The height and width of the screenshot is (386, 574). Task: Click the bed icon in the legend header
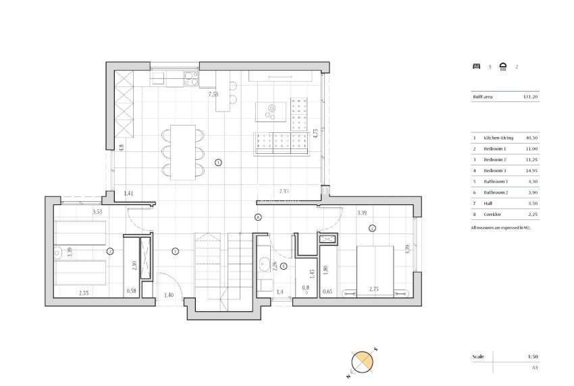point(477,66)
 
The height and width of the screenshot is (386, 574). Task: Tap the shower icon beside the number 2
point(502,66)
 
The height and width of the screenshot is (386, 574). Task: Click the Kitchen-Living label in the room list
point(496,138)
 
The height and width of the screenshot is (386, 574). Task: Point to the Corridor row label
point(493,214)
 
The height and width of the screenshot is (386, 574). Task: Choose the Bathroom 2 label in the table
point(496,192)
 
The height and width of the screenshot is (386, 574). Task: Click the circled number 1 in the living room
point(218,162)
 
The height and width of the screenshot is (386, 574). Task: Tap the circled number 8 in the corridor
point(258,217)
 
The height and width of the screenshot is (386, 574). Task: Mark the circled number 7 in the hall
point(175,252)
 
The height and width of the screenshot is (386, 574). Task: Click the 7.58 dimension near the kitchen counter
point(213,94)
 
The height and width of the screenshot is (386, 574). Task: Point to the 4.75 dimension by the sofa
point(315,133)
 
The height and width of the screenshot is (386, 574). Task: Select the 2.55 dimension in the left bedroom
point(84,292)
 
